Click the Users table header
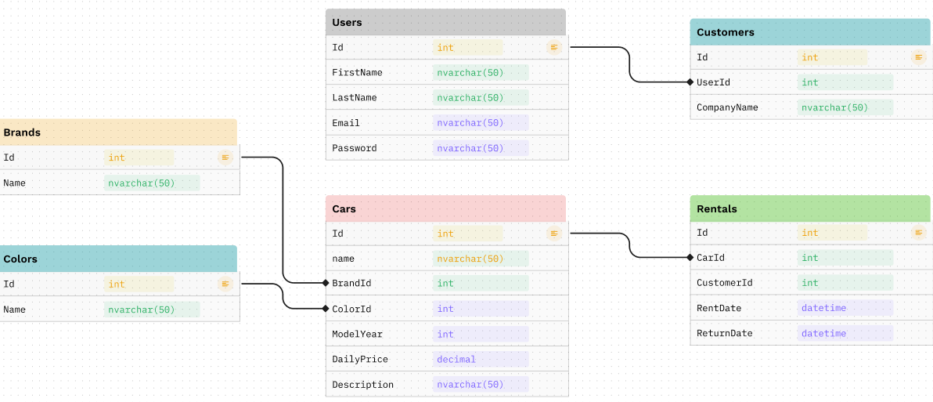445,22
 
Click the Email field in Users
346,123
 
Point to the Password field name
354,148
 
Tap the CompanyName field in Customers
727,107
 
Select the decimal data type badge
456,359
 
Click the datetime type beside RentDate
823,308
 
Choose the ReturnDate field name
724,333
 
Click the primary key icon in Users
554,48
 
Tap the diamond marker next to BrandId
325,283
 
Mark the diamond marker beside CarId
690,257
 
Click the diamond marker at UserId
690,81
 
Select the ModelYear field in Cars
357,334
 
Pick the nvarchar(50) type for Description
470,384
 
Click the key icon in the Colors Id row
225,284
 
